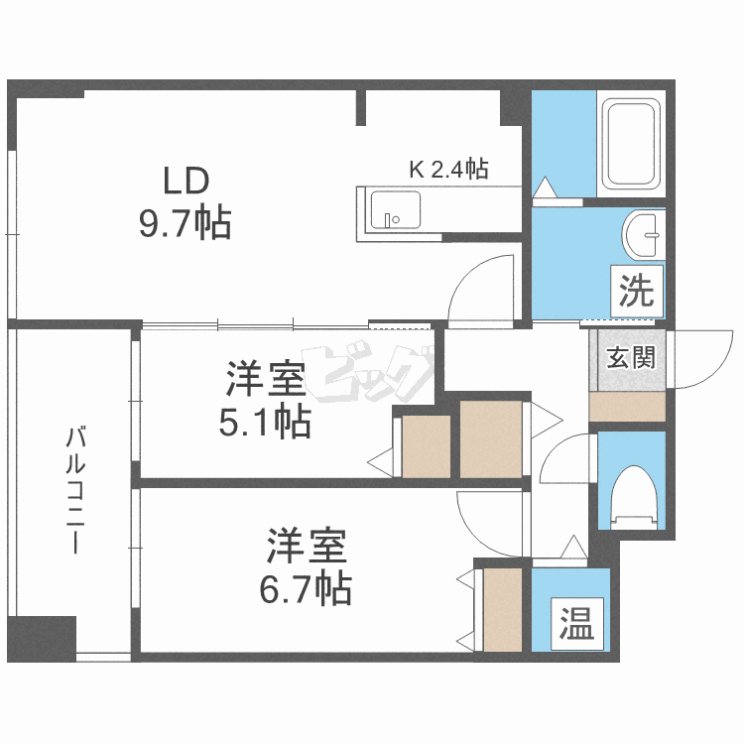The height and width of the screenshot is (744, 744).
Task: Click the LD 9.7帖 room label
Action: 186,203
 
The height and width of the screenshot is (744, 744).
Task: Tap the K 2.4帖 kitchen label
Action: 448,170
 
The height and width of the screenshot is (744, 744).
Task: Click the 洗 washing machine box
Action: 635,291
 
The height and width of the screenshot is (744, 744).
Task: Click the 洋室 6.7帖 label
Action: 307,567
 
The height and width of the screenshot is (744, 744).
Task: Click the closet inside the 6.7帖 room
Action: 501,608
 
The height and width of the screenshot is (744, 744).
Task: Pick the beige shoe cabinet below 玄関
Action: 627,406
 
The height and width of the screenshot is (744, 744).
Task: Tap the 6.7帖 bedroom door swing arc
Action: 488,519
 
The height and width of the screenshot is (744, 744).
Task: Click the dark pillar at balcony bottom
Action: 42,636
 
